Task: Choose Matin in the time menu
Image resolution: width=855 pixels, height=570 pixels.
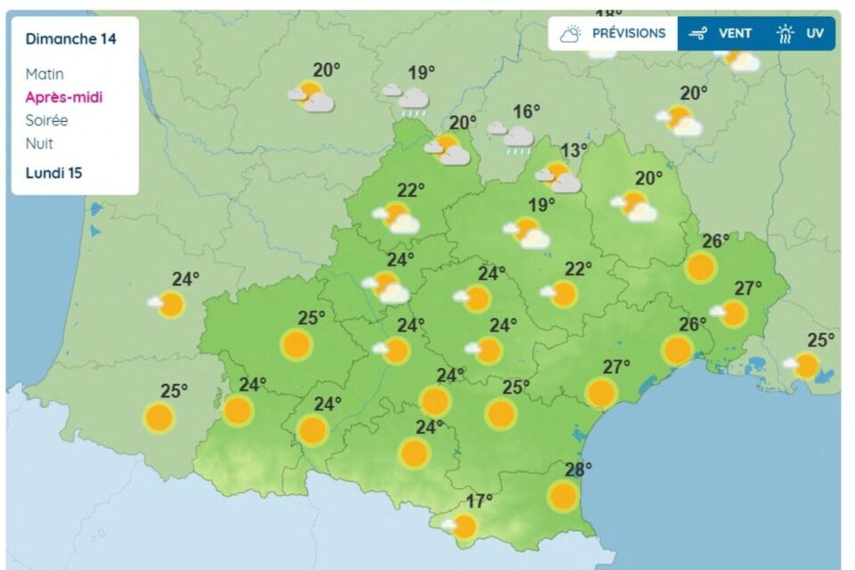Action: pyautogui.click(x=45, y=74)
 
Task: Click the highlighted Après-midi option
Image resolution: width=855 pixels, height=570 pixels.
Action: pyautogui.click(x=64, y=97)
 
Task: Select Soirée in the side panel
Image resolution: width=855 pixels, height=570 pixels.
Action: pyautogui.click(x=47, y=120)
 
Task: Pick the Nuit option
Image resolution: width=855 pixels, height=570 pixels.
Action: pyautogui.click(x=39, y=143)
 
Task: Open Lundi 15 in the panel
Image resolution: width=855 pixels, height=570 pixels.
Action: pyautogui.click(x=53, y=173)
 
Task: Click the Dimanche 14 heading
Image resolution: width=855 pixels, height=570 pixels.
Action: pyautogui.click(x=70, y=39)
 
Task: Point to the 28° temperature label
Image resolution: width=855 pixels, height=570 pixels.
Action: pyautogui.click(x=578, y=469)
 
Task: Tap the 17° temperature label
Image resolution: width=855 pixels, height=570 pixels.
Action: pyautogui.click(x=479, y=501)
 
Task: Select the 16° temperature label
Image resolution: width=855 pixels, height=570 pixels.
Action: pyautogui.click(x=526, y=111)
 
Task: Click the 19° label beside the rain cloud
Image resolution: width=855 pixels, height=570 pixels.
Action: pyautogui.click(x=421, y=73)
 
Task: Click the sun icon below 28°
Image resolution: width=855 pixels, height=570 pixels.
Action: pyautogui.click(x=563, y=496)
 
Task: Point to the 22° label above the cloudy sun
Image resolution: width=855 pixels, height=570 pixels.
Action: pyautogui.click(x=411, y=190)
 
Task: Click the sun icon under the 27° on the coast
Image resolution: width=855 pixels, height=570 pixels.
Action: pyautogui.click(x=602, y=392)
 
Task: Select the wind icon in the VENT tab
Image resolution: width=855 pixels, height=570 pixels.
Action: pyautogui.click(x=698, y=34)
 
